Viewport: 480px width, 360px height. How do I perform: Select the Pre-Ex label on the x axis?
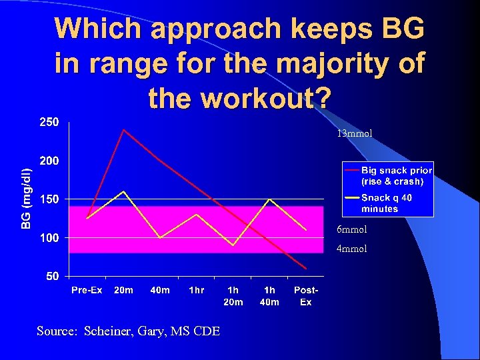pos(87,290)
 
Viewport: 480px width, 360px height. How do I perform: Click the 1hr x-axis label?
pos(196,290)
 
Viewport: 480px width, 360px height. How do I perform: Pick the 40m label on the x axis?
pos(160,290)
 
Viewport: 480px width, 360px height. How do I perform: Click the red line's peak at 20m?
pos(123,129)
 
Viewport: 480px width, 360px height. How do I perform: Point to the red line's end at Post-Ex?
pos(306,268)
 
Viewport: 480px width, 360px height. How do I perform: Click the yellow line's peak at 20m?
pos(123,191)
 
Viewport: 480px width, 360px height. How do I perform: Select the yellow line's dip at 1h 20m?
pos(233,245)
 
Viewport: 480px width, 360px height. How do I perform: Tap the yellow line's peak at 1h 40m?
pos(269,199)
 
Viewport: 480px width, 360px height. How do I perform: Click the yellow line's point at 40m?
pos(160,237)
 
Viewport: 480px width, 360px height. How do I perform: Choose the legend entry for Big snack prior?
pos(396,175)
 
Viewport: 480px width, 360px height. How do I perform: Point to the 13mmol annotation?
pos(354,133)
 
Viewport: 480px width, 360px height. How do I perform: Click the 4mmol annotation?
pos(351,249)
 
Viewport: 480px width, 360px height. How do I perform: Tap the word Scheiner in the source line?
pos(109,331)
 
